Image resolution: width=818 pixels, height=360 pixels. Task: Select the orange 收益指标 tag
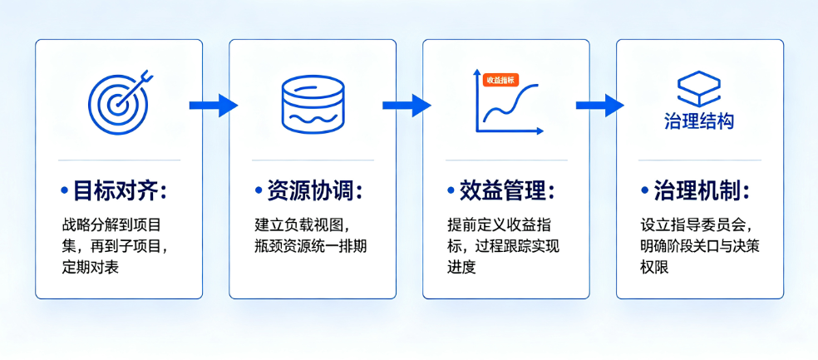(500, 80)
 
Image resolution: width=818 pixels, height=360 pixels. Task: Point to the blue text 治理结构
(699, 121)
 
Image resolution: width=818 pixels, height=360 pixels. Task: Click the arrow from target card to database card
(214, 106)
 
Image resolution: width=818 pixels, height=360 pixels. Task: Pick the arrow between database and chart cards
(407, 106)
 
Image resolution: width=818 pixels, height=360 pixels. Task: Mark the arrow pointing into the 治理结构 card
(600, 106)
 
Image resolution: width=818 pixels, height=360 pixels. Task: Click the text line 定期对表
(91, 268)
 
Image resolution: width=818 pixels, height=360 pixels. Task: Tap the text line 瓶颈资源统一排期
(310, 246)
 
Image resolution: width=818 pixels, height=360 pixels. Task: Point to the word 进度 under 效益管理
(461, 268)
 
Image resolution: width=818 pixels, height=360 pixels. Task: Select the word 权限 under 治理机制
(655, 268)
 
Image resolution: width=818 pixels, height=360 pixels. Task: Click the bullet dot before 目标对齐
(65, 191)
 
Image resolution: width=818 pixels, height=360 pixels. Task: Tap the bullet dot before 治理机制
(645, 191)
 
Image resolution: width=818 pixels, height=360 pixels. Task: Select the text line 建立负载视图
(298, 225)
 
